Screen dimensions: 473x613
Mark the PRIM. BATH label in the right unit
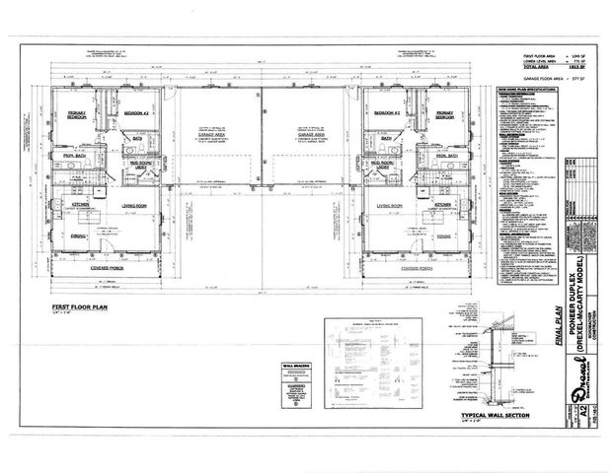pyautogui.click(x=434, y=156)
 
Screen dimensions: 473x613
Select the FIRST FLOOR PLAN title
pyautogui.click(x=83, y=308)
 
